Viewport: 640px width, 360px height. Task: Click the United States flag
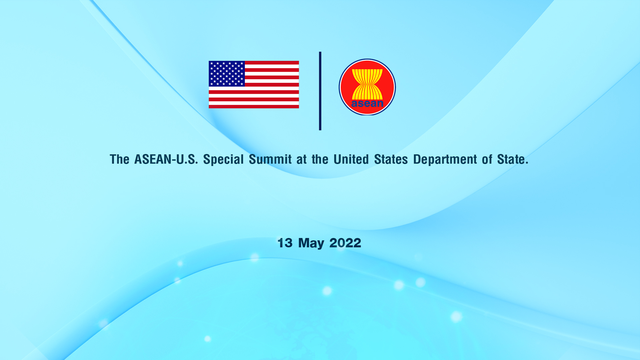click(x=254, y=85)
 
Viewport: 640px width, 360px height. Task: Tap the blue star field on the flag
click(x=227, y=74)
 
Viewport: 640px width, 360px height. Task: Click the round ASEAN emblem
click(x=367, y=87)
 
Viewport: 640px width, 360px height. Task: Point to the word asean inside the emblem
click(x=367, y=103)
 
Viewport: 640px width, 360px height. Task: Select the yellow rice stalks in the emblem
click(x=367, y=84)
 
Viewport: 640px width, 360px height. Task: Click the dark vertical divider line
click(x=320, y=91)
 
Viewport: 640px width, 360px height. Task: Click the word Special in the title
click(x=223, y=159)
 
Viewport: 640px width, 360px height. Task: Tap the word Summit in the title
click(x=270, y=159)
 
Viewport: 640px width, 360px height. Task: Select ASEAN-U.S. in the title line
click(x=166, y=159)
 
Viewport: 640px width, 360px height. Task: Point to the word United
click(x=351, y=159)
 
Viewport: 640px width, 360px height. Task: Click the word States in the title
click(x=391, y=159)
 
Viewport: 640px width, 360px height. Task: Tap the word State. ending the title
click(x=513, y=159)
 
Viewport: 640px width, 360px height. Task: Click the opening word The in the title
click(x=120, y=159)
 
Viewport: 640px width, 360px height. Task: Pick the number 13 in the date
click(x=285, y=243)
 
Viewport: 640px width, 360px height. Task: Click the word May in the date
click(x=311, y=243)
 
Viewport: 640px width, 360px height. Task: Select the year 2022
click(x=345, y=243)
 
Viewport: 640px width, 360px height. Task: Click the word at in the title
click(x=302, y=160)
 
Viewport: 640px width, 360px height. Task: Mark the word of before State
click(x=487, y=159)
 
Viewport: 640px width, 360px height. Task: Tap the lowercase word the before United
click(x=320, y=159)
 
